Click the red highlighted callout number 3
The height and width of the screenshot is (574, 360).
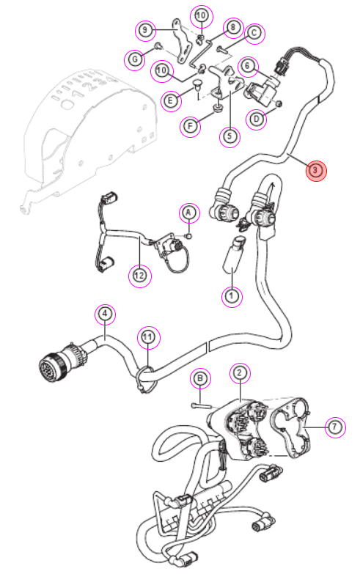click(316, 171)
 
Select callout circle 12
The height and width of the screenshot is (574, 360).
click(139, 276)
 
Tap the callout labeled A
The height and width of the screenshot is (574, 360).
click(189, 213)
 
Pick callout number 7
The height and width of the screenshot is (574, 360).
click(335, 427)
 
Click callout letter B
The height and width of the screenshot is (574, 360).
click(200, 378)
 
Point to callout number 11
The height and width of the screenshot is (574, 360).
click(148, 337)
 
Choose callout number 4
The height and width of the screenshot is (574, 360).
click(105, 314)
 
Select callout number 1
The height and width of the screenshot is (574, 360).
click(232, 295)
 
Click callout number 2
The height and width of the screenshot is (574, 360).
click(240, 373)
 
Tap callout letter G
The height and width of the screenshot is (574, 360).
click(135, 59)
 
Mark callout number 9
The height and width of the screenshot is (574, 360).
click(145, 29)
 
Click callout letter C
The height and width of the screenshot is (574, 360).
click(254, 33)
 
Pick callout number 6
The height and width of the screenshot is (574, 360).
click(248, 66)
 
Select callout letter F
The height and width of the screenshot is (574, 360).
click(190, 127)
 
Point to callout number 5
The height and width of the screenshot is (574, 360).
click(229, 136)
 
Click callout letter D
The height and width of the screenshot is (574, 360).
click(257, 119)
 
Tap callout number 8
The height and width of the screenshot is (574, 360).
click(233, 27)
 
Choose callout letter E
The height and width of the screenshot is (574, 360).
click(170, 100)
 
